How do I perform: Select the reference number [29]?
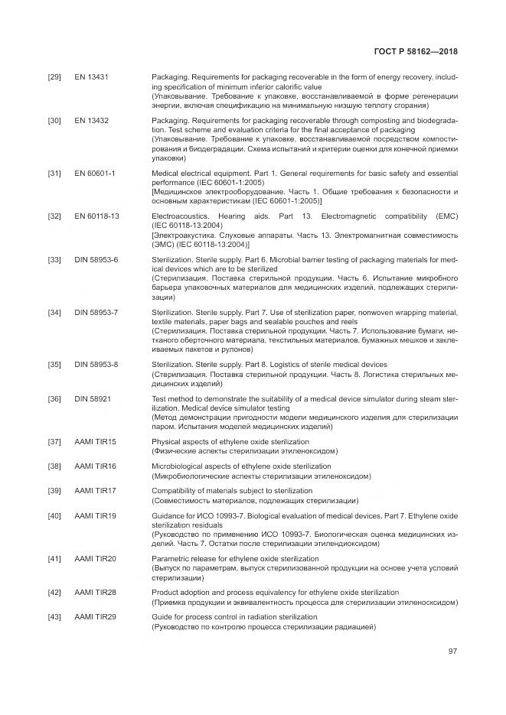[54, 77]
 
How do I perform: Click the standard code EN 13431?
[91, 77]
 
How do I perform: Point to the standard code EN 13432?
[91, 121]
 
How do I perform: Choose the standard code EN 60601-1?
[94, 174]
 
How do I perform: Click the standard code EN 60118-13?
[96, 217]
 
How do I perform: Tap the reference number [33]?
[54, 260]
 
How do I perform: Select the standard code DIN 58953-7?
[96, 312]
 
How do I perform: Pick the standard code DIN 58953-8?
[96, 364]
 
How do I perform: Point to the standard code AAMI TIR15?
[95, 442]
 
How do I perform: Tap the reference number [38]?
[54, 466]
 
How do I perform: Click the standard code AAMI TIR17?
[95, 490]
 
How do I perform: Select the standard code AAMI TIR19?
[95, 516]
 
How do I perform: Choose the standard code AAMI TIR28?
[95, 593]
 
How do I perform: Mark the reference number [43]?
[54, 616]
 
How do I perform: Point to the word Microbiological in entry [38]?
[178, 466]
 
